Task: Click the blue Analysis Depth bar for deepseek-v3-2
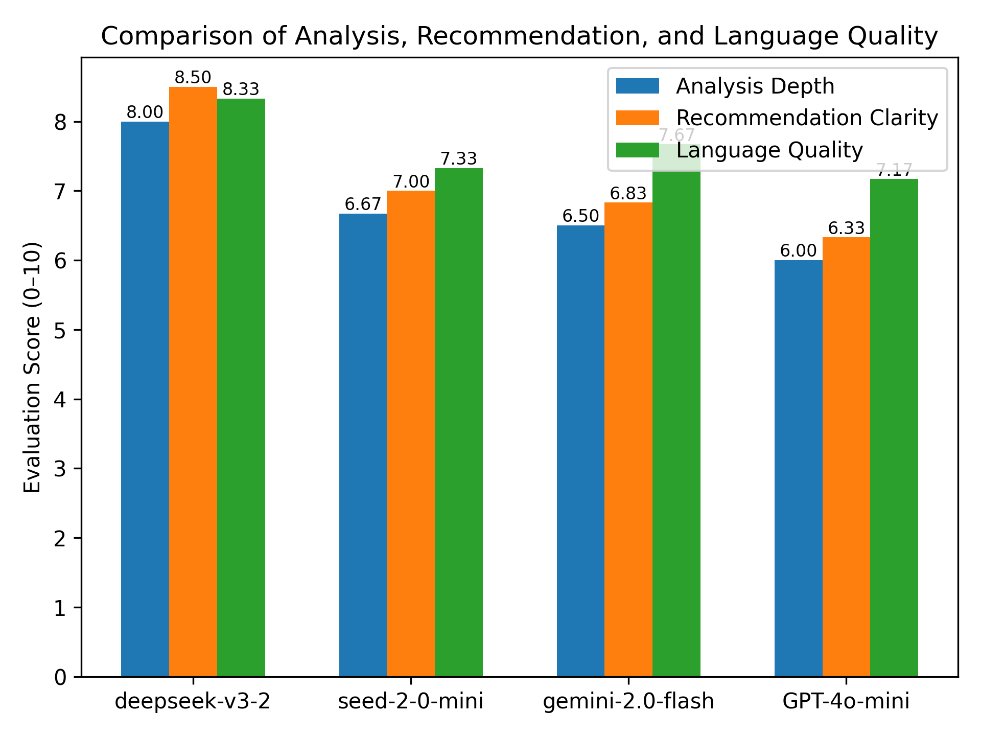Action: click(x=145, y=399)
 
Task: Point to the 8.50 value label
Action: click(x=193, y=78)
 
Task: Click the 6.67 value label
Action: click(x=363, y=204)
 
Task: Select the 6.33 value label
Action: click(x=846, y=228)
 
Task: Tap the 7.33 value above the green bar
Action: click(x=459, y=159)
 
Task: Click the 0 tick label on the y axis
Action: click(x=61, y=677)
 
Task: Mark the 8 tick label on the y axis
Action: click(x=61, y=122)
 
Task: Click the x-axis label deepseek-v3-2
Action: click(x=193, y=701)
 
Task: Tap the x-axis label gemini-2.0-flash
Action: click(x=628, y=701)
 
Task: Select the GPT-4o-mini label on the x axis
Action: click(x=846, y=701)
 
